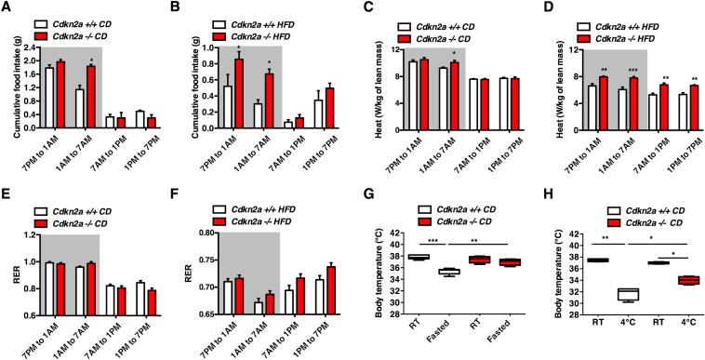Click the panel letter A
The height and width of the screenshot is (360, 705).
click(7, 7)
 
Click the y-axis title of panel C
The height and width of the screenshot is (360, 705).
click(370, 87)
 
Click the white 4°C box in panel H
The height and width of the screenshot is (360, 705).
click(602, 294)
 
